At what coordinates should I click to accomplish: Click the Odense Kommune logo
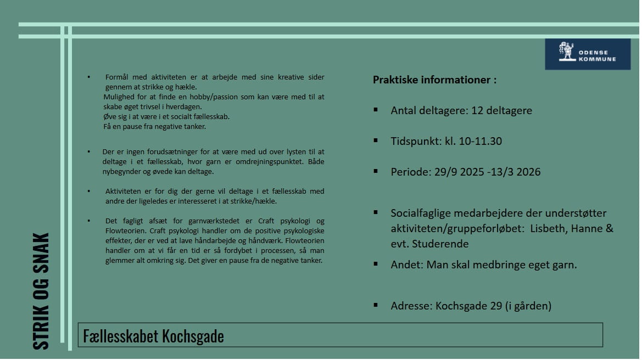tap(587, 54)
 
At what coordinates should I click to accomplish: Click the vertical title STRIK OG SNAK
tap(41, 291)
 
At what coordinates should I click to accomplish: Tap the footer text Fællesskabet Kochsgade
tap(153, 335)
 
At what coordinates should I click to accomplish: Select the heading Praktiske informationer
tap(434, 80)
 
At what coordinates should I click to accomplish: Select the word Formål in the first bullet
tap(116, 77)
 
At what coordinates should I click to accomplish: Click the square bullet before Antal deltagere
tap(376, 110)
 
